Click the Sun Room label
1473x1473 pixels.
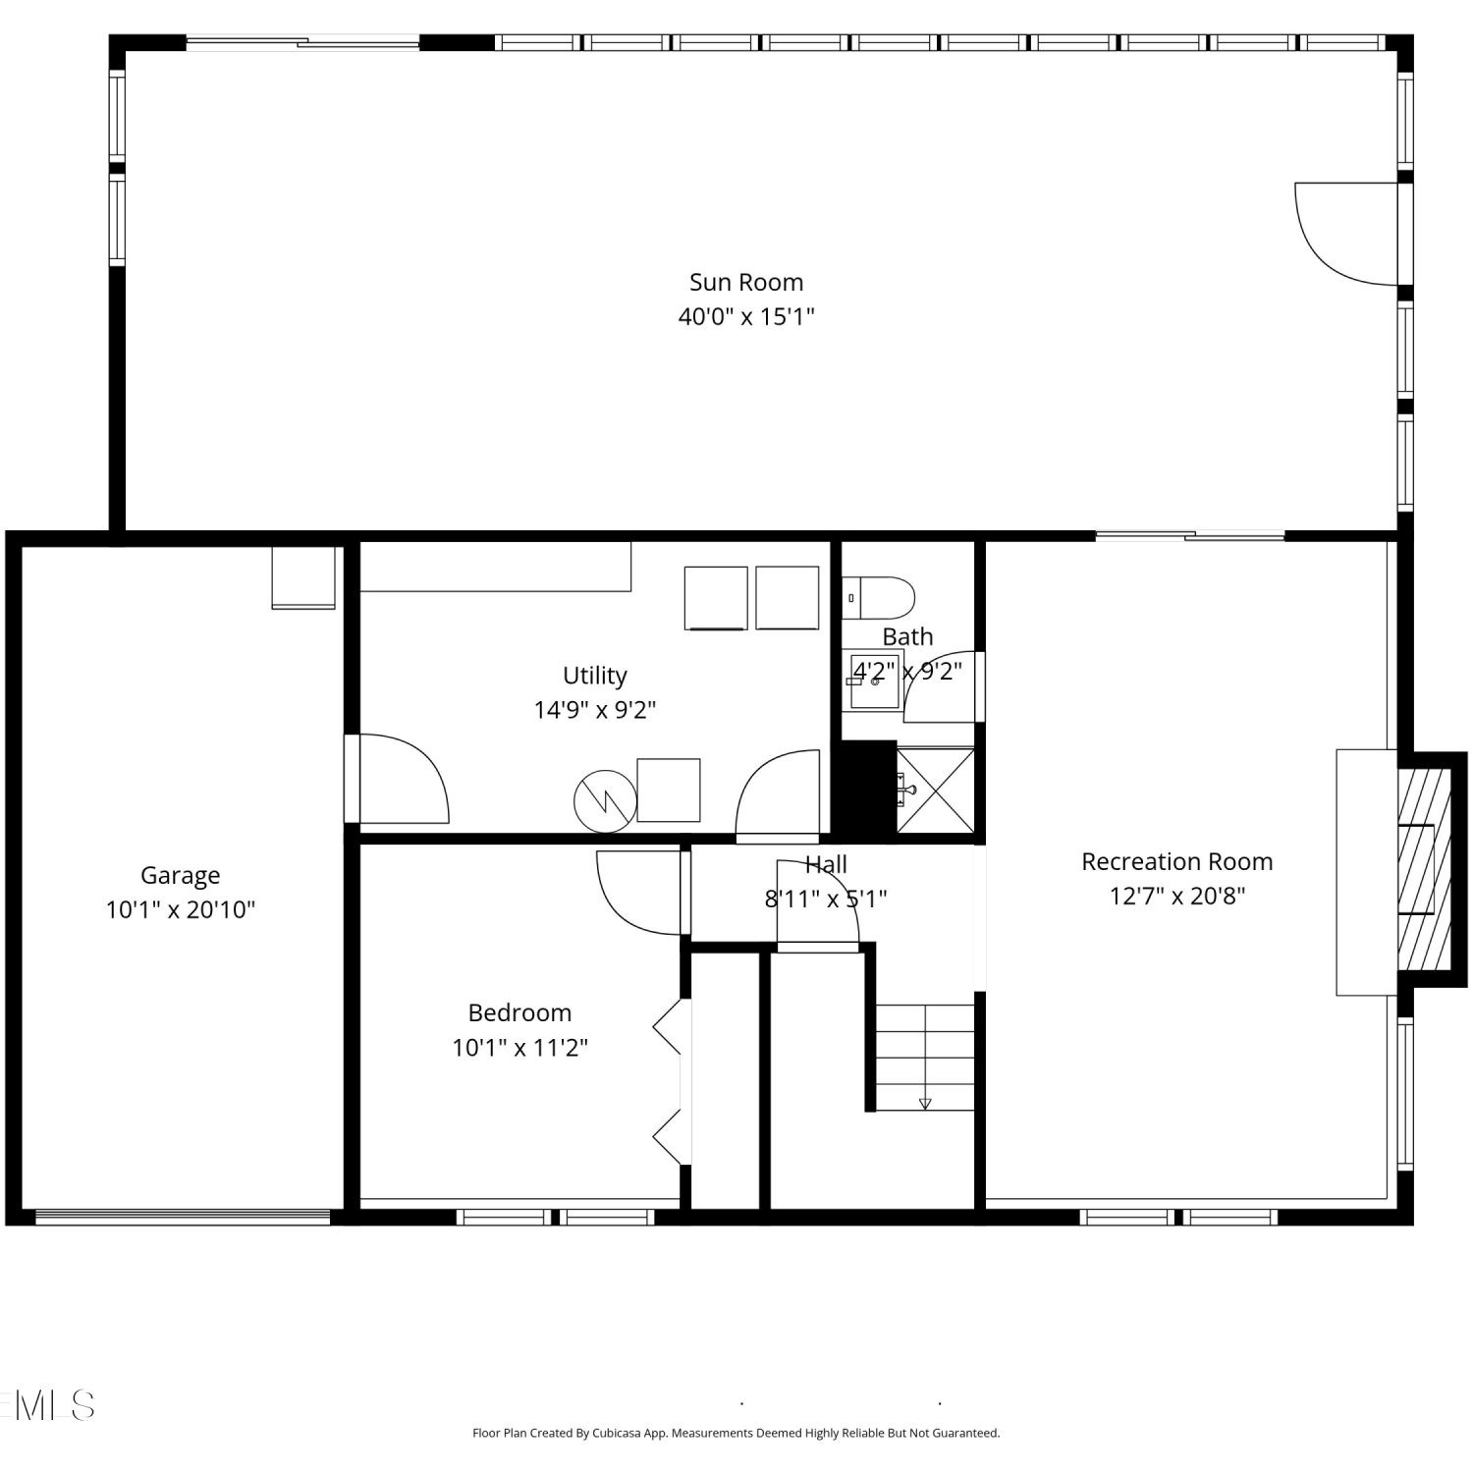click(x=746, y=283)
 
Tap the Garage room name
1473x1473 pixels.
click(x=180, y=876)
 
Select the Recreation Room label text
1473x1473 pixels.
click(x=1176, y=862)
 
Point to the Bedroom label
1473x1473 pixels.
click(x=519, y=1013)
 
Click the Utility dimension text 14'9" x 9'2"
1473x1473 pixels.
click(x=595, y=710)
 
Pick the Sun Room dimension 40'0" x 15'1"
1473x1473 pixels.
click(x=746, y=317)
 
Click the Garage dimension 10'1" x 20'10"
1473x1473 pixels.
click(x=180, y=910)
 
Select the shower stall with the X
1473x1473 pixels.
click(x=936, y=791)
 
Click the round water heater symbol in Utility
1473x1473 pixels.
click(x=606, y=801)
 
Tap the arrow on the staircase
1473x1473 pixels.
click(x=925, y=1104)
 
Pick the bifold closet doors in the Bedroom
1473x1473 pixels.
click(x=668, y=1083)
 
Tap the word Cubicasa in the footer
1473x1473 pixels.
click(x=618, y=1433)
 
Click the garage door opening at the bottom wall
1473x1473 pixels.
click(x=183, y=1217)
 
